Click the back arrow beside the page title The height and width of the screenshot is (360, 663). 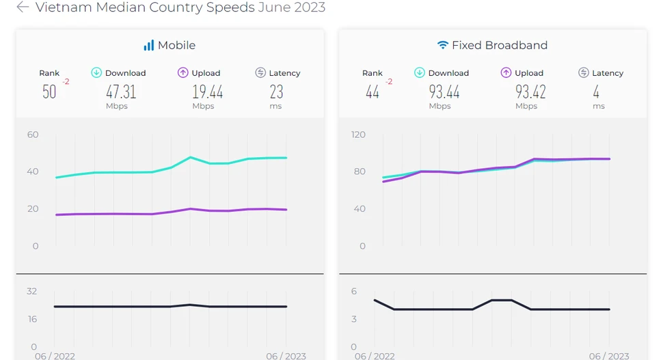[x=23, y=8]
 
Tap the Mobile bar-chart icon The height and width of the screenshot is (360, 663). [x=148, y=45]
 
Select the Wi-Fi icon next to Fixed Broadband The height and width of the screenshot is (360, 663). [x=443, y=45]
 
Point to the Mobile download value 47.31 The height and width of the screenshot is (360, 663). [x=121, y=92]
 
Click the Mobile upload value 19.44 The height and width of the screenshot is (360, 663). [x=207, y=92]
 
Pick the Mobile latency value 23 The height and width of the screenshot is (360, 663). [x=276, y=92]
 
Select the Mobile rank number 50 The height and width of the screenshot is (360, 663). [x=49, y=92]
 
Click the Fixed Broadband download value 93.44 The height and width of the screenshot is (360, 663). [x=444, y=92]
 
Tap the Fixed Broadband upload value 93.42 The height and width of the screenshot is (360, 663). [x=530, y=92]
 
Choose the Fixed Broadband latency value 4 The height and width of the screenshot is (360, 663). [x=596, y=92]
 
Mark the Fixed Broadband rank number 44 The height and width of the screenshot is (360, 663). [x=373, y=92]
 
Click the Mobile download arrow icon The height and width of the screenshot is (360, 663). [x=96, y=72]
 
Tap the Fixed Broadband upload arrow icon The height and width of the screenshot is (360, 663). [x=506, y=72]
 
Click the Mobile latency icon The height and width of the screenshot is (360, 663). [x=260, y=72]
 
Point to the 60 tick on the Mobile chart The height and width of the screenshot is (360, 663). [x=33, y=135]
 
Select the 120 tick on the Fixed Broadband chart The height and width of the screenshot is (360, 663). [x=358, y=135]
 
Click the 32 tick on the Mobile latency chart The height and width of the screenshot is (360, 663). [x=32, y=291]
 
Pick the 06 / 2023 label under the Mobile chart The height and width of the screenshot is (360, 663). [x=286, y=356]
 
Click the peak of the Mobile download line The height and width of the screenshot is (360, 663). [x=191, y=157]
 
